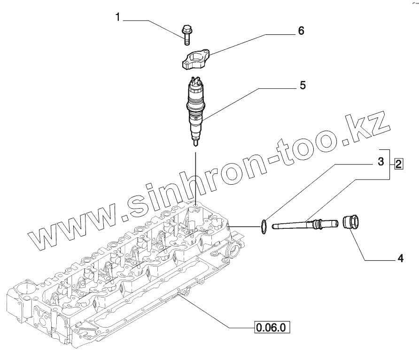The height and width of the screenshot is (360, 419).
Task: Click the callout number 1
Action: click(118, 18)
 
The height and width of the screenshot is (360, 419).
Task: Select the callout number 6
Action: click(301, 31)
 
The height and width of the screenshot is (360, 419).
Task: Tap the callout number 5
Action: click(303, 86)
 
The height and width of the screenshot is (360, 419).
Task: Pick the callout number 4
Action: click(400, 258)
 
